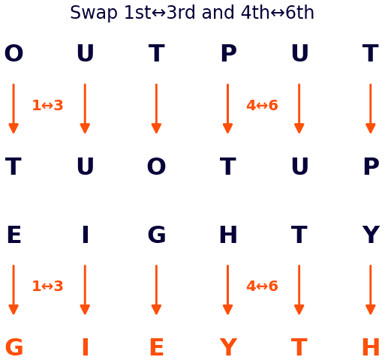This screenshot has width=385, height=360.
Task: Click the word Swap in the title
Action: [x=94, y=13]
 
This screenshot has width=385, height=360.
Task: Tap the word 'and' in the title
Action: [x=218, y=13]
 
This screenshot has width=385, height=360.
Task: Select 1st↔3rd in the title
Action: [x=160, y=13]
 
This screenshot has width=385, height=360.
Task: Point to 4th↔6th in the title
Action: [x=278, y=13]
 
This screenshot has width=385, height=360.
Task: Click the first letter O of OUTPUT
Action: [x=14, y=52]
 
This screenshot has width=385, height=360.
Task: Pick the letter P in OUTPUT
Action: [x=228, y=52]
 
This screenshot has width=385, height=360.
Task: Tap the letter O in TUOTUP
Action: [x=156, y=166]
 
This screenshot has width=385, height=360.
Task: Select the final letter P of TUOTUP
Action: [x=371, y=166]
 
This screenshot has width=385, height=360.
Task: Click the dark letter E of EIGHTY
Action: [x=14, y=234]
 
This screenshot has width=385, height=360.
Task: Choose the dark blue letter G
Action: [x=157, y=234]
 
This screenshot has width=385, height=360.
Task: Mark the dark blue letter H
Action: [x=228, y=234]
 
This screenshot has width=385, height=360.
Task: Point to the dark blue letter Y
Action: [x=371, y=234]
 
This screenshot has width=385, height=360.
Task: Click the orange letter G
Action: [x=14, y=346]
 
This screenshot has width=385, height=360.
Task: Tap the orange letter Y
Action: [x=228, y=346]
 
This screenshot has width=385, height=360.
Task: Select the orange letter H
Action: [x=371, y=346]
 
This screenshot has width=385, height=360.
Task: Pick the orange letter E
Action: [x=157, y=346]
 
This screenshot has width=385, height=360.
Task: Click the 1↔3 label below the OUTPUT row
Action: [x=47, y=105]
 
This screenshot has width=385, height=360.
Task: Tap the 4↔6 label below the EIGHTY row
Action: [x=262, y=286]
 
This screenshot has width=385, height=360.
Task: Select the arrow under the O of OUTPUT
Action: [x=14, y=109]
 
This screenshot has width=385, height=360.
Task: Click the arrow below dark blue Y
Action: [x=371, y=289]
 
